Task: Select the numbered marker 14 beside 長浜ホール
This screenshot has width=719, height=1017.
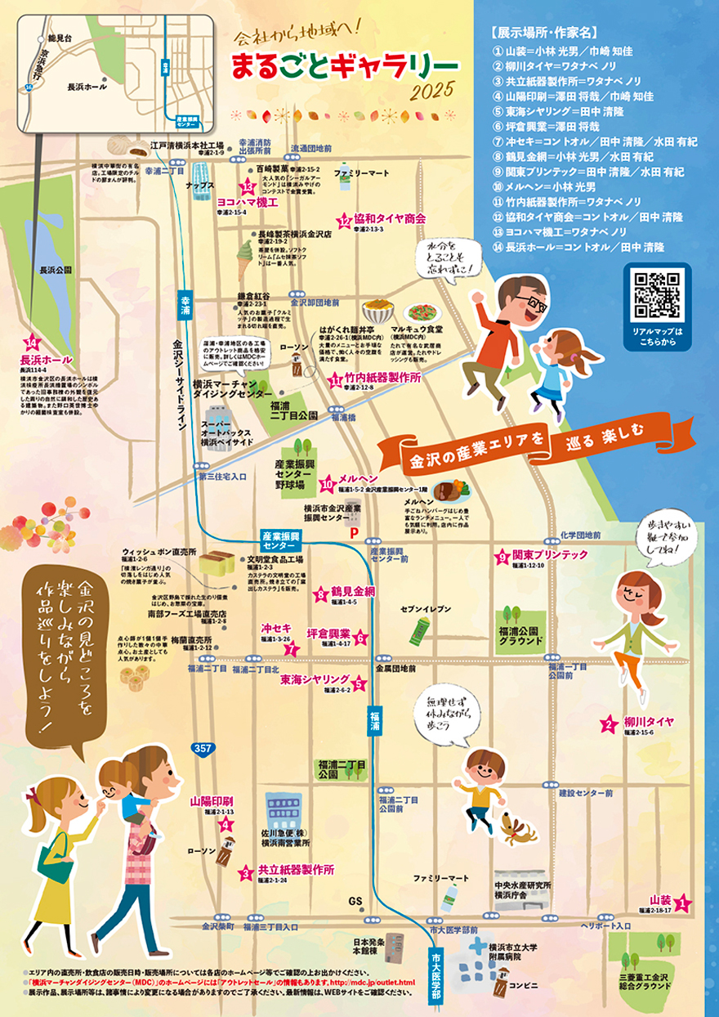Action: pyautogui.click(x=33, y=344)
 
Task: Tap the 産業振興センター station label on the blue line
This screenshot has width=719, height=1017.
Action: pyautogui.click(x=279, y=540)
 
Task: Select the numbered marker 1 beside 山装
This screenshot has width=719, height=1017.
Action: pyautogui.click(x=682, y=903)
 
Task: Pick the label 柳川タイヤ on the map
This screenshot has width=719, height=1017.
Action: pyautogui.click(x=648, y=722)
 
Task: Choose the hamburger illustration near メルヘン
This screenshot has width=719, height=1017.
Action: pyautogui.click(x=450, y=491)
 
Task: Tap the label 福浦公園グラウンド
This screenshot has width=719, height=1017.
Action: pyautogui.click(x=521, y=636)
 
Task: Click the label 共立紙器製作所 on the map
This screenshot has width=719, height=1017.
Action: pyautogui.click(x=296, y=870)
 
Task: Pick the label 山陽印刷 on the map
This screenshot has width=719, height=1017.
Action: pyautogui.click(x=212, y=802)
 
